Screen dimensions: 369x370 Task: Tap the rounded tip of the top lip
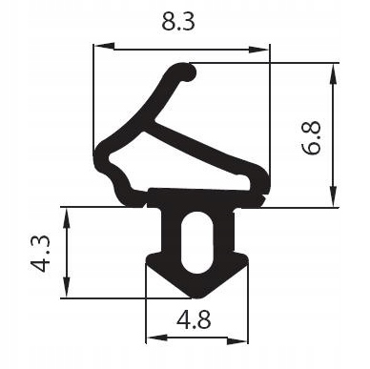(x=190, y=72)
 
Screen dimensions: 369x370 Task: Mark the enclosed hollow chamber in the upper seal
(x=200, y=162)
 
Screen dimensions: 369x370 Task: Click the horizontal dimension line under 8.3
(x=181, y=46)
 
